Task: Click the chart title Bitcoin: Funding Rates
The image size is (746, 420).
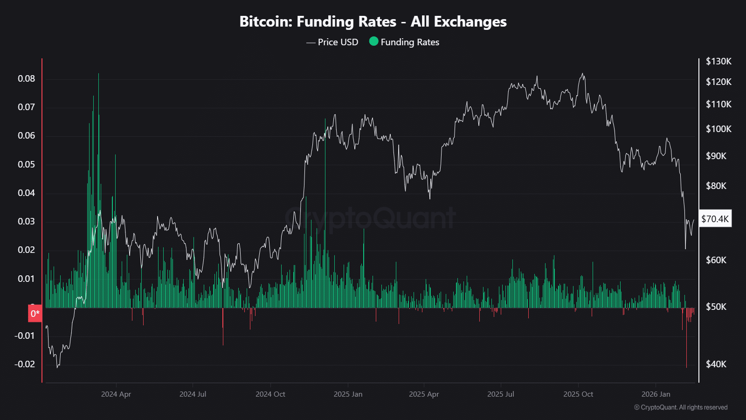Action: click(x=373, y=21)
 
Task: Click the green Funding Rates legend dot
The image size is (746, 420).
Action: click(x=373, y=42)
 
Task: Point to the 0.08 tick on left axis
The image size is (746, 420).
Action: click(x=27, y=78)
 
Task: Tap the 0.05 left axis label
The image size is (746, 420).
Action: click(x=27, y=164)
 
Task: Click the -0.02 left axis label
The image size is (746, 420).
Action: click(x=25, y=364)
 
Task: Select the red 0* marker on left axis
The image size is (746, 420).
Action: click(x=35, y=314)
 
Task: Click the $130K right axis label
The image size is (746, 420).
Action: click(x=718, y=61)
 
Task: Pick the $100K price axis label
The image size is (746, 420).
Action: click(x=718, y=129)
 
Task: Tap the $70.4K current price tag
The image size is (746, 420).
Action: click(x=715, y=219)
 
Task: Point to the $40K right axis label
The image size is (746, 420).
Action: click(x=716, y=364)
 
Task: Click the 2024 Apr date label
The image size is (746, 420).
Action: click(x=116, y=394)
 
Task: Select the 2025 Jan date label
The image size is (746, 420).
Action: click(x=348, y=394)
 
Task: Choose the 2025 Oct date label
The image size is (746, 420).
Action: click(x=578, y=394)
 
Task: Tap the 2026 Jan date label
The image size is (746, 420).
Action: click(x=656, y=394)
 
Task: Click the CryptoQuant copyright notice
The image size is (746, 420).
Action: click(x=681, y=407)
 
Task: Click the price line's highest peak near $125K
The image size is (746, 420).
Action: click(x=582, y=74)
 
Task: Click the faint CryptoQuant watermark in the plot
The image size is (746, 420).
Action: click(x=371, y=218)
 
